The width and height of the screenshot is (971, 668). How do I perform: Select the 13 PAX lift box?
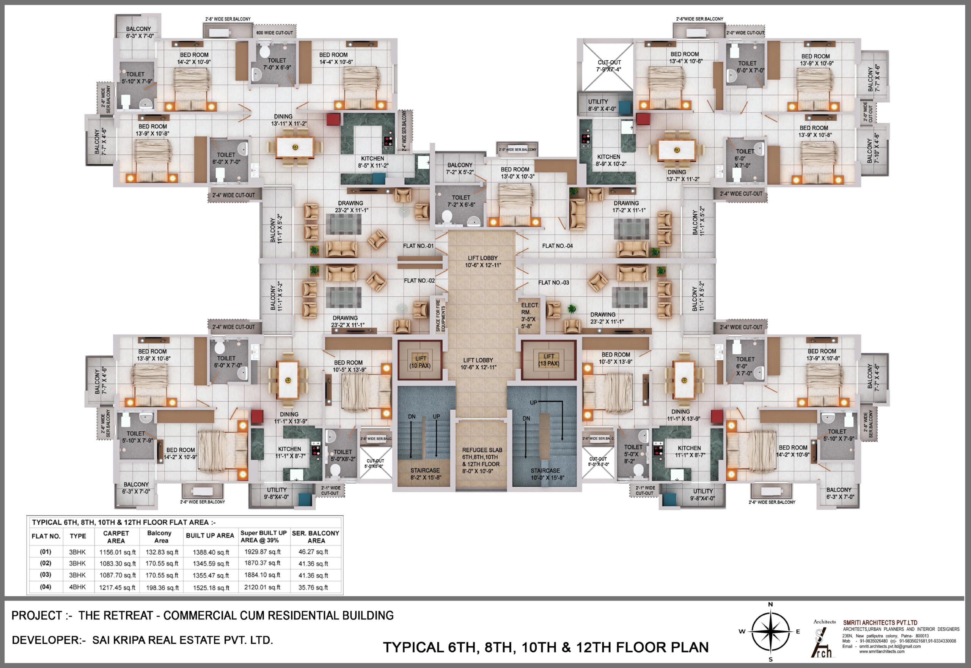click(549, 360)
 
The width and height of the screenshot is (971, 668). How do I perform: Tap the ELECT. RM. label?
click(529, 308)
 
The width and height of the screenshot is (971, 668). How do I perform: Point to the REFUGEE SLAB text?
click(482, 450)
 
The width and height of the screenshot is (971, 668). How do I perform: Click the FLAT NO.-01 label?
click(418, 246)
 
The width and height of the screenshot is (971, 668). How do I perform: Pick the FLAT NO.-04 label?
click(557, 246)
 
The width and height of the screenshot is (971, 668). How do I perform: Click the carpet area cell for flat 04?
click(117, 588)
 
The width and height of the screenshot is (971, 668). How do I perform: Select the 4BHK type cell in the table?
click(77, 587)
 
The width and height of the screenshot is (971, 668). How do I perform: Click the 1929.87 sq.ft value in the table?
click(262, 552)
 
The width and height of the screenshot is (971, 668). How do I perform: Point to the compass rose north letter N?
click(770, 604)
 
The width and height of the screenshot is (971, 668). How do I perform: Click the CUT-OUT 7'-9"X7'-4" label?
click(609, 66)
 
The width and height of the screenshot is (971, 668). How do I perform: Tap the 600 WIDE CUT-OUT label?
click(275, 33)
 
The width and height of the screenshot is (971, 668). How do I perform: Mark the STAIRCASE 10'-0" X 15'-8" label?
click(545, 474)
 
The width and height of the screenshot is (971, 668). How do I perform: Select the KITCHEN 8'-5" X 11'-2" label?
click(372, 162)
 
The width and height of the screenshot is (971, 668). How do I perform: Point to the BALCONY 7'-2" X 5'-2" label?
click(460, 169)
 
